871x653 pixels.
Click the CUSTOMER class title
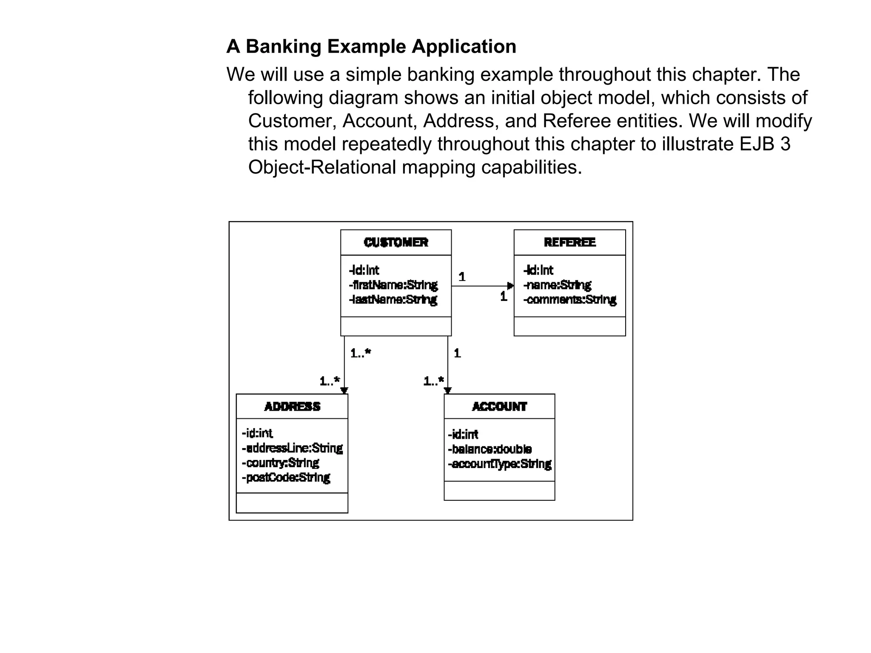396,242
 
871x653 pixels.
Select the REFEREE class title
569,242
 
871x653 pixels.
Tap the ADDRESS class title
292,407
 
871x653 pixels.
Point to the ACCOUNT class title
499,407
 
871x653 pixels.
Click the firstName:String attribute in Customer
393,285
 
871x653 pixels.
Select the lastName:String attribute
393,300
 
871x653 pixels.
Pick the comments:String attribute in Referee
570,300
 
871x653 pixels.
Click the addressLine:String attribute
292,448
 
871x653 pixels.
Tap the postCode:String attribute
286,477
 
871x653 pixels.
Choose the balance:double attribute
490,449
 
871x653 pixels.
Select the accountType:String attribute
500,464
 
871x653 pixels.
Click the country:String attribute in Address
280,463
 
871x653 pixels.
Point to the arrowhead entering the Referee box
511,286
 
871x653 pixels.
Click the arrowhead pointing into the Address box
344,391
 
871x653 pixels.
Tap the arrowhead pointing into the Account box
447,391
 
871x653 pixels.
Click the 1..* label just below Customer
360,353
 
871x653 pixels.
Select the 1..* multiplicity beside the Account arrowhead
433,381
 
